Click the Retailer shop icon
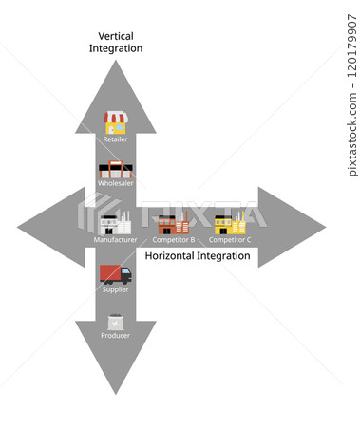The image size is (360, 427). point(115,122)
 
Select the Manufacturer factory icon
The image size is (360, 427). point(115,223)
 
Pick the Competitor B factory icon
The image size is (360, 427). point(173,223)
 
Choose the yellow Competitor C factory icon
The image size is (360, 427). point(229,223)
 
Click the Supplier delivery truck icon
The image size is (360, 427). point(115,275)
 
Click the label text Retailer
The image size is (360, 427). point(115,139)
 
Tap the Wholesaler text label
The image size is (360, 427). point(115,183)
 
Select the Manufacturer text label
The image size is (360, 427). point(115,240)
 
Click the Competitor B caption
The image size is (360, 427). point(173,240)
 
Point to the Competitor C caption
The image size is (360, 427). point(229,240)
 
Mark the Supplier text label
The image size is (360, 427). point(115,289)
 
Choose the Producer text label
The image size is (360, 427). point(115,335)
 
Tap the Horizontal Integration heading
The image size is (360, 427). point(198,256)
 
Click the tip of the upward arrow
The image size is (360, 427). point(115,61)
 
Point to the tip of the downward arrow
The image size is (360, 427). point(115,393)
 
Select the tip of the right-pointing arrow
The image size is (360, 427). point(324,227)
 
